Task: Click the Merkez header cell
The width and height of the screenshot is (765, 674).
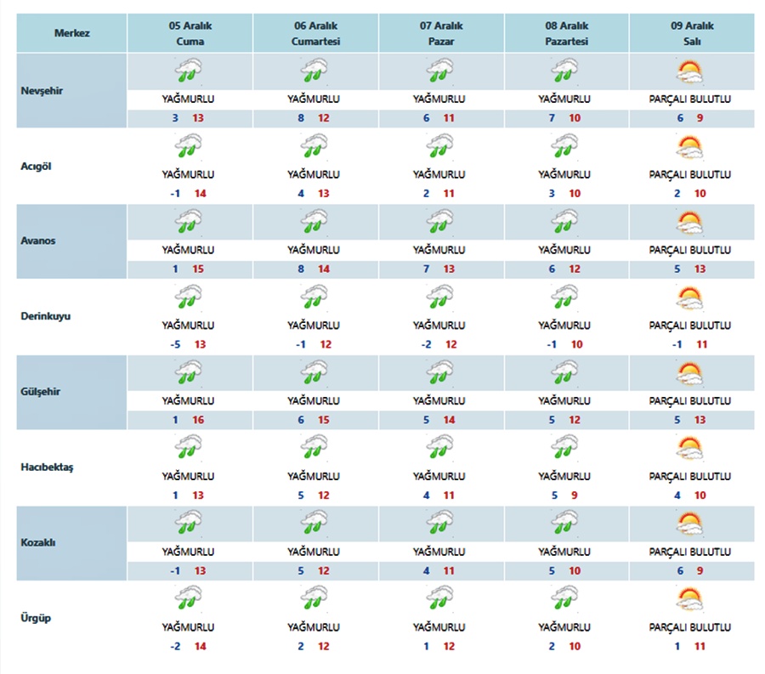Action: pyautogui.click(x=72, y=33)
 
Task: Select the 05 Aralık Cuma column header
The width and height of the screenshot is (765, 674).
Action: pyautogui.click(x=190, y=33)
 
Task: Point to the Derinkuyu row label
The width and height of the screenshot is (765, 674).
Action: pyautogui.click(x=46, y=315)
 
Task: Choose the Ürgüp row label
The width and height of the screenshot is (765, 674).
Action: pyautogui.click(x=36, y=618)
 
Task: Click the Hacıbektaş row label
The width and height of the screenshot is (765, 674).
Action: pyautogui.click(x=48, y=467)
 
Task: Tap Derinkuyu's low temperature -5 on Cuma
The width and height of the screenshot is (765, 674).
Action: pyautogui.click(x=175, y=344)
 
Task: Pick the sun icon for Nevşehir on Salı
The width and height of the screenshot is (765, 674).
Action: pyautogui.click(x=689, y=71)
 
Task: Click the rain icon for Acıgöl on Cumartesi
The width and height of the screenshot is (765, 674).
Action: pyautogui.click(x=314, y=147)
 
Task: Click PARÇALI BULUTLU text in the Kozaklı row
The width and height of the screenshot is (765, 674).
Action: pyautogui.click(x=690, y=552)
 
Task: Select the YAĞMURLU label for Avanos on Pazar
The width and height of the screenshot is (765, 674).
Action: pyautogui.click(x=440, y=250)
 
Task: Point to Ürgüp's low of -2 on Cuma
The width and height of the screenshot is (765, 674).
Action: pyautogui.click(x=175, y=647)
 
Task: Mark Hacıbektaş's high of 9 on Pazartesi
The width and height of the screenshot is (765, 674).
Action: pyautogui.click(x=575, y=496)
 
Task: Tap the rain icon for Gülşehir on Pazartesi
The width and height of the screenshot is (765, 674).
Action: pyautogui.click(x=564, y=374)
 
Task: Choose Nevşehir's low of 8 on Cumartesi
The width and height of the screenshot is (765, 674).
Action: pyautogui.click(x=301, y=117)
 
